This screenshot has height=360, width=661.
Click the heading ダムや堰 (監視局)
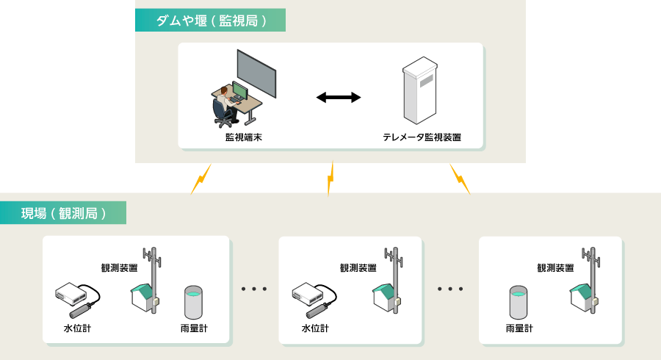209,21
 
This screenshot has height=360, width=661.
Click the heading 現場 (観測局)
64,214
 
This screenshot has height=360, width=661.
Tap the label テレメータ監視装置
422,137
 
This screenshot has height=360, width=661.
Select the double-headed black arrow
338,97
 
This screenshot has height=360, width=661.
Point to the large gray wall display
256,73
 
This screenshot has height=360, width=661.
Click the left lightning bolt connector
198,179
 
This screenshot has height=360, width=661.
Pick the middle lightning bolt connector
330,178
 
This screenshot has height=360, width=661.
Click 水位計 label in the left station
77,328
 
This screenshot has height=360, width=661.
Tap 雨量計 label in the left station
194,328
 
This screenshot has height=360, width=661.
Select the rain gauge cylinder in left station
193,301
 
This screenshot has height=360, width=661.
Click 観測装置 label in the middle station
358,269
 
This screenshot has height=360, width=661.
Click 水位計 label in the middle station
315,328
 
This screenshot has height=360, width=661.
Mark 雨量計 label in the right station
519,328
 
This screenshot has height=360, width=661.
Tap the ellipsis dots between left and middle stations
254,289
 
